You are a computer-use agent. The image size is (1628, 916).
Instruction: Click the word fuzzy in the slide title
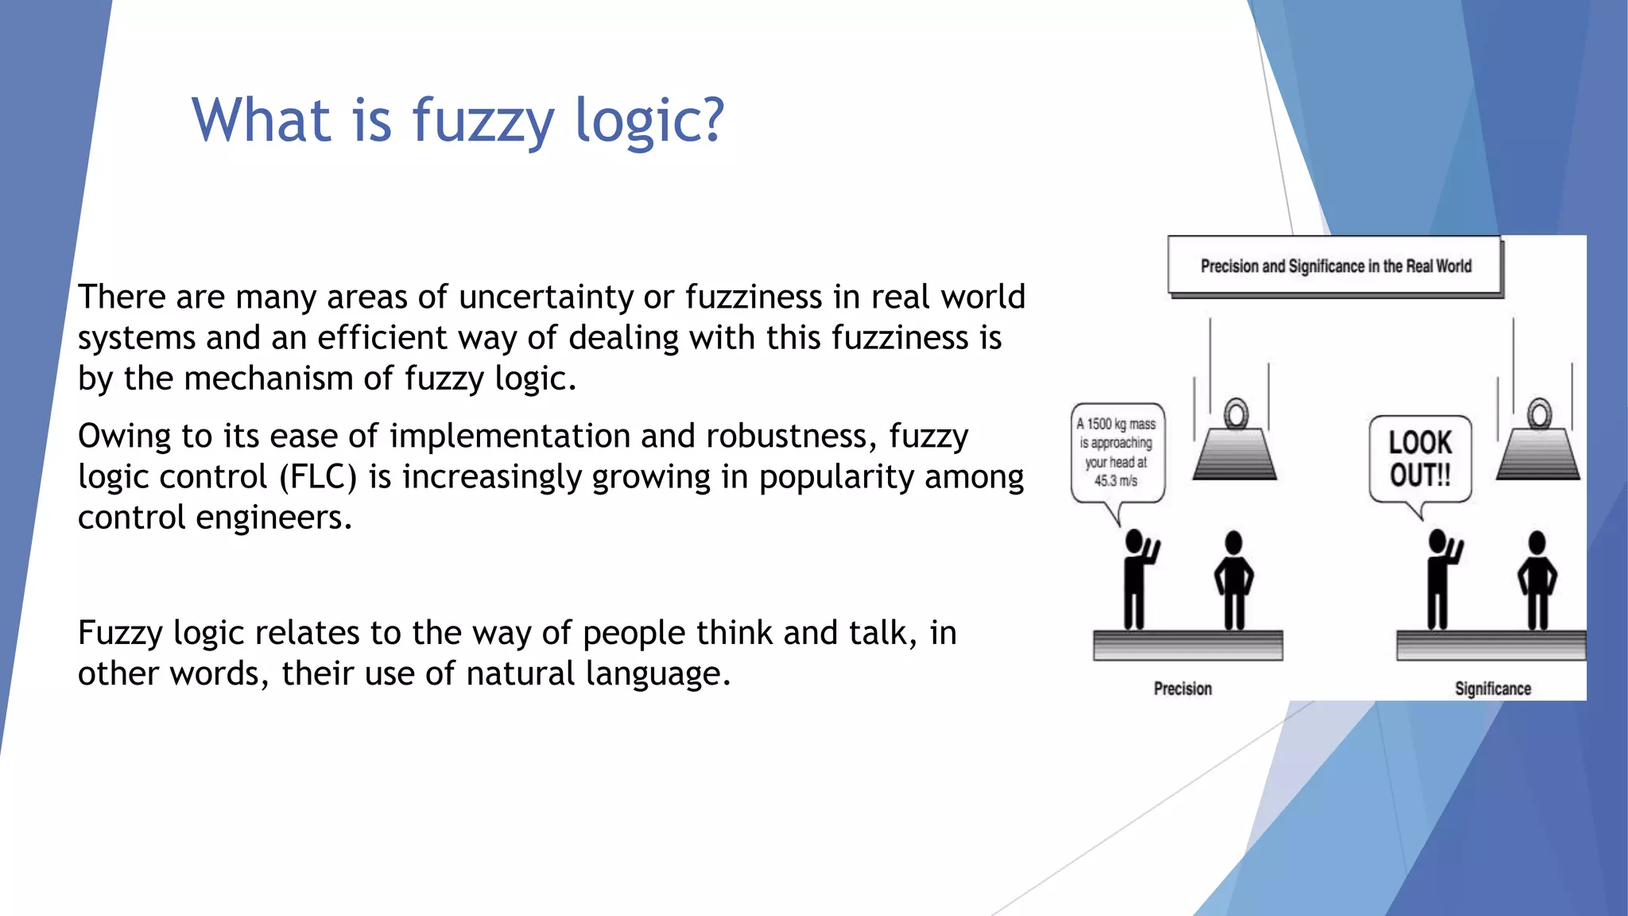[483, 121]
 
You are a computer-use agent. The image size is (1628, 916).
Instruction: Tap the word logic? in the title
[649, 121]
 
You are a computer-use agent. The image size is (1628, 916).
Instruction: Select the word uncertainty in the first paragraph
[546, 297]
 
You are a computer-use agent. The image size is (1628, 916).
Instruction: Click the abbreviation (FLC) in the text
[317, 477]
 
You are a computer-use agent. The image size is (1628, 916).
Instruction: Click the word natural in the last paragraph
[521, 673]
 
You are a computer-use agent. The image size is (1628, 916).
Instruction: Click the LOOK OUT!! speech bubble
[1421, 460]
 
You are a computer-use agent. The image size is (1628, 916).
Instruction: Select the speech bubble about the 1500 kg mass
[1117, 452]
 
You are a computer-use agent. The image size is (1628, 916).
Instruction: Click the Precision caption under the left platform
[1183, 689]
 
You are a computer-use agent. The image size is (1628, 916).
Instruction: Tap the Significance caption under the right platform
[1493, 689]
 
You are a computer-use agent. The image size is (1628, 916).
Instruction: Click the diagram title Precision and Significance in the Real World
[1335, 266]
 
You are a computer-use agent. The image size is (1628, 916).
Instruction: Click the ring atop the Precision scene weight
[1236, 413]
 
